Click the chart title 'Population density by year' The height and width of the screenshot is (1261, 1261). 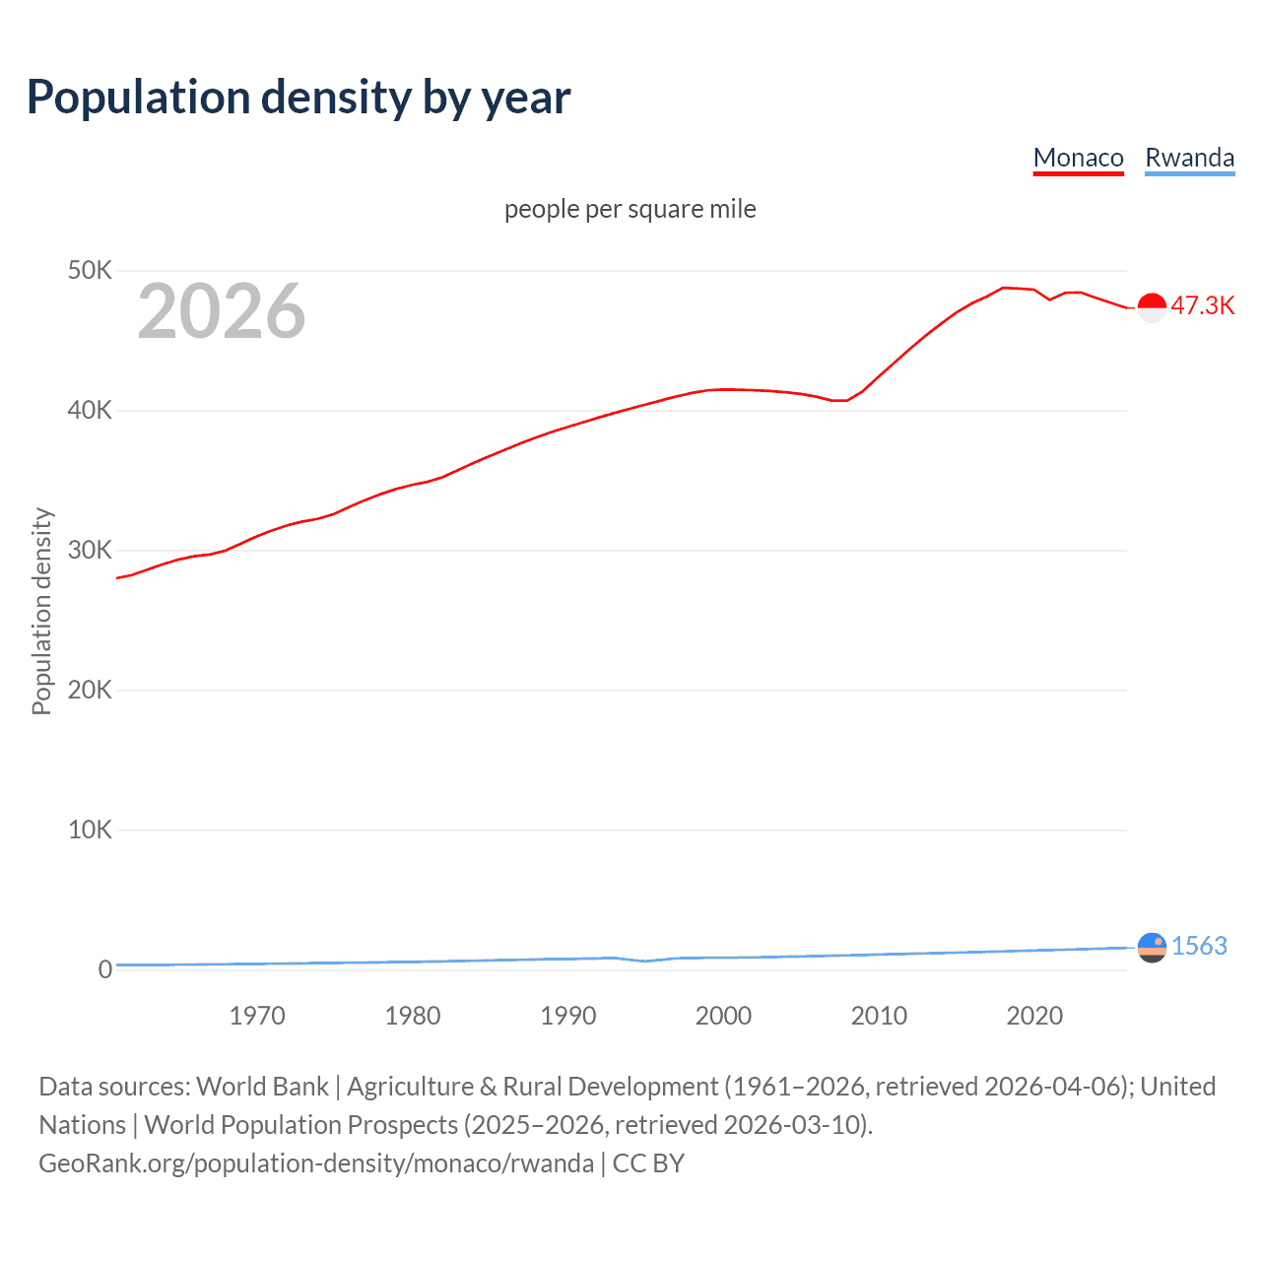pyautogui.click(x=299, y=98)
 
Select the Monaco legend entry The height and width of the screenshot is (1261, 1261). pyautogui.click(x=1078, y=158)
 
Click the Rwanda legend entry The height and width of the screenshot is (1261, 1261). pyautogui.click(x=1189, y=158)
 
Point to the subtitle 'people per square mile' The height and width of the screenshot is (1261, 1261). pyautogui.click(x=630, y=209)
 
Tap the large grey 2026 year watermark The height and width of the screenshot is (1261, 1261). pyautogui.click(x=222, y=311)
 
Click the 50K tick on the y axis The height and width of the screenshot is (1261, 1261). pyautogui.click(x=90, y=270)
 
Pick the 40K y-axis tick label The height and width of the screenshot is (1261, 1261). pyautogui.click(x=90, y=410)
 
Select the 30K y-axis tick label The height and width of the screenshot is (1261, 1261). pyautogui.click(x=90, y=550)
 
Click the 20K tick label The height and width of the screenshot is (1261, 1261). pyautogui.click(x=90, y=690)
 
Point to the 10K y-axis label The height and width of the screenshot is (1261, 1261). pyautogui.click(x=90, y=830)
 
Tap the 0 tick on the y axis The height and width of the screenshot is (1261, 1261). pyautogui.click(x=104, y=969)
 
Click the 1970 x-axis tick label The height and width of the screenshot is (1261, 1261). pyautogui.click(x=257, y=1016)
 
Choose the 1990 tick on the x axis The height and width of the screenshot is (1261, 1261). pyautogui.click(x=568, y=1016)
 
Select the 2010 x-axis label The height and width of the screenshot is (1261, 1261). pyautogui.click(x=879, y=1016)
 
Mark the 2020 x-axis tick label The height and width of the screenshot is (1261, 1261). pyautogui.click(x=1034, y=1016)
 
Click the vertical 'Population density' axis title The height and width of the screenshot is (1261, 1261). pyautogui.click(x=41, y=611)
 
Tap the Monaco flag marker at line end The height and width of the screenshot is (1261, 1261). pyautogui.click(x=1152, y=307)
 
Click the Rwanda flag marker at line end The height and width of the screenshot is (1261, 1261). pyautogui.click(x=1152, y=947)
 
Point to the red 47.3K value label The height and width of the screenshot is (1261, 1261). pyautogui.click(x=1202, y=305)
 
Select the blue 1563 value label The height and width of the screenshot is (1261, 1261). pyautogui.click(x=1199, y=946)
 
